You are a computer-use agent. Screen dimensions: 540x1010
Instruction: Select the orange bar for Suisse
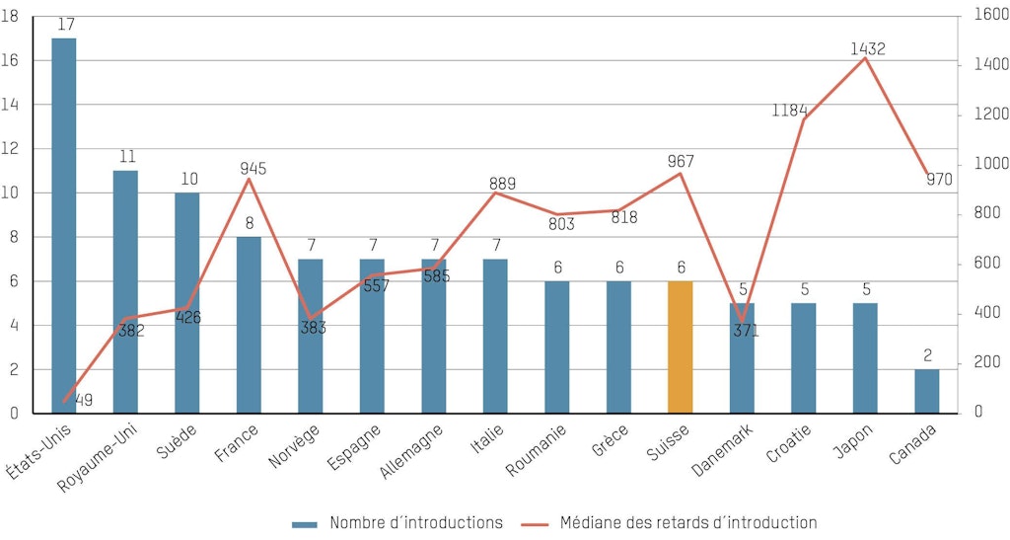(x=681, y=347)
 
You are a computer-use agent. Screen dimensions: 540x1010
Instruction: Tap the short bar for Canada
(x=927, y=391)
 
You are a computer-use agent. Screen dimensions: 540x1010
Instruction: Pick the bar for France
(x=249, y=325)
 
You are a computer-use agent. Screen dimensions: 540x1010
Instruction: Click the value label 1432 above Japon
(x=868, y=48)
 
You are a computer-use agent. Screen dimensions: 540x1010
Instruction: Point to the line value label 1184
(x=789, y=109)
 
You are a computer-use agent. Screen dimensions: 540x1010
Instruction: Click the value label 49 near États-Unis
(x=84, y=400)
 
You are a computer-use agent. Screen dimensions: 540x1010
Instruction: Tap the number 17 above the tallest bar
(x=65, y=24)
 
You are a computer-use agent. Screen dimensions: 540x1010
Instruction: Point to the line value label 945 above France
(x=253, y=169)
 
